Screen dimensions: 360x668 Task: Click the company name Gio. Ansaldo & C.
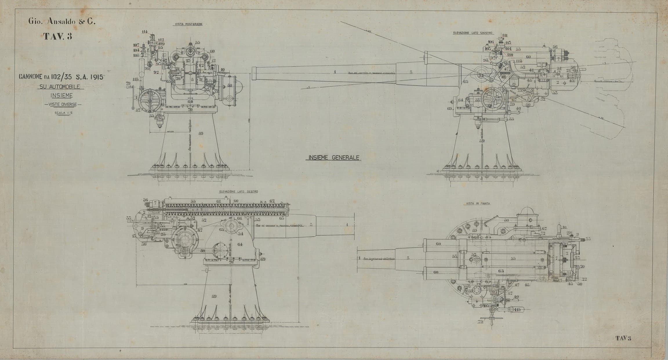(61, 21)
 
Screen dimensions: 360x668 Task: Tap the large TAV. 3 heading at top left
(57, 36)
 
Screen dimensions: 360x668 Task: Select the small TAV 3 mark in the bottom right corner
(621, 338)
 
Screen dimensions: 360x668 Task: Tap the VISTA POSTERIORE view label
(188, 25)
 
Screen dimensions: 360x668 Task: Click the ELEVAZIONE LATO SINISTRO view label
(473, 33)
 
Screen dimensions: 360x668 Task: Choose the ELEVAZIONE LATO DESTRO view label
(239, 192)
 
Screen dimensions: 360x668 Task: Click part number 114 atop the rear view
(144, 32)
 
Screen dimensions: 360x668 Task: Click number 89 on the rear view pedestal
(201, 133)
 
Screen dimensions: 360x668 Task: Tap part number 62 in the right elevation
(272, 201)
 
